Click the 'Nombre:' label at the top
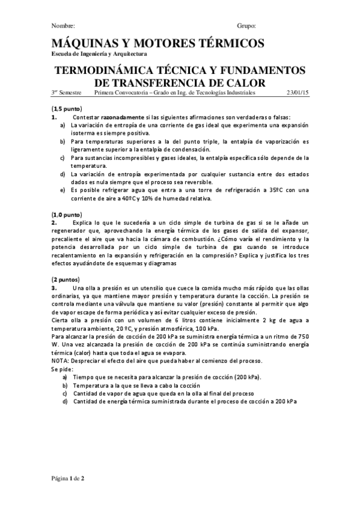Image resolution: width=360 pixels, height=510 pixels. click(x=63, y=26)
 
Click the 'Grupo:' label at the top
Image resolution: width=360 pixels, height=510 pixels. click(x=247, y=26)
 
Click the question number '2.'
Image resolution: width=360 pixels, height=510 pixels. click(x=53, y=222)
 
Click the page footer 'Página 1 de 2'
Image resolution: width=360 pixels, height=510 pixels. click(x=68, y=478)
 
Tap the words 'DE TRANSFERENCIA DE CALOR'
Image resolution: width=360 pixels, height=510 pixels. click(x=180, y=82)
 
